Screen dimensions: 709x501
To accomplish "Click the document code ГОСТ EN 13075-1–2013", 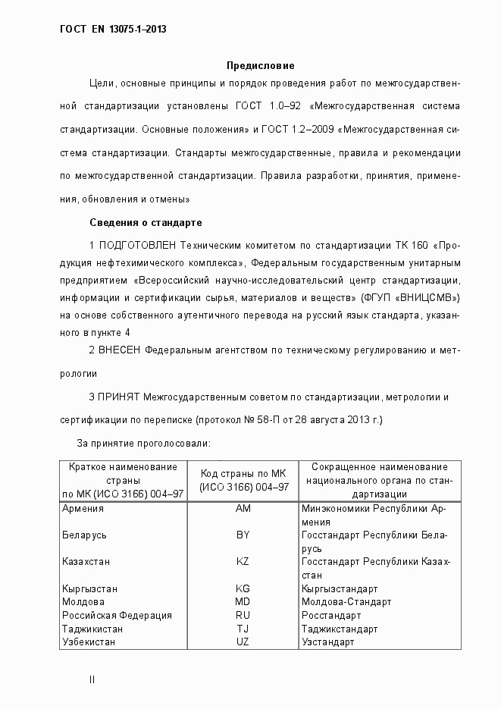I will (x=113, y=30).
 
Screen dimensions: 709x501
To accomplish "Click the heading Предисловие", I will (x=260, y=66).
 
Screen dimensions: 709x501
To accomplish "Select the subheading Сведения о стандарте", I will (x=146, y=223).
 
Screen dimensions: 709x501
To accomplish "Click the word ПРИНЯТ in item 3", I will (x=119, y=397).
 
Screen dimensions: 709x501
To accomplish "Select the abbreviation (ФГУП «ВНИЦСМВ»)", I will (x=411, y=296).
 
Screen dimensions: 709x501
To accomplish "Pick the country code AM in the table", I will (x=243, y=508).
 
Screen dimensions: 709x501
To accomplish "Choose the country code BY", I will (x=243, y=535).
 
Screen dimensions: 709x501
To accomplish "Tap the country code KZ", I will (x=243, y=562).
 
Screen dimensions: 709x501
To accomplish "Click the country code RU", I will (x=243, y=616).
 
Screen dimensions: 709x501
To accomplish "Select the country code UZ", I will (x=243, y=642).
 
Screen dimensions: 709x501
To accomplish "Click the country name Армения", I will (x=83, y=508).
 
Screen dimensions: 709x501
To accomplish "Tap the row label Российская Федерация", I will (x=117, y=616).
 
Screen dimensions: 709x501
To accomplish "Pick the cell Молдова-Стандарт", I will (x=346, y=602).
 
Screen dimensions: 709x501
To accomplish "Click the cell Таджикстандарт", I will (x=339, y=629).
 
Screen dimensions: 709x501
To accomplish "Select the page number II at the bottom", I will (x=92, y=680).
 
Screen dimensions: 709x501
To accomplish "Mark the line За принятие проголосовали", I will (x=144, y=443).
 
